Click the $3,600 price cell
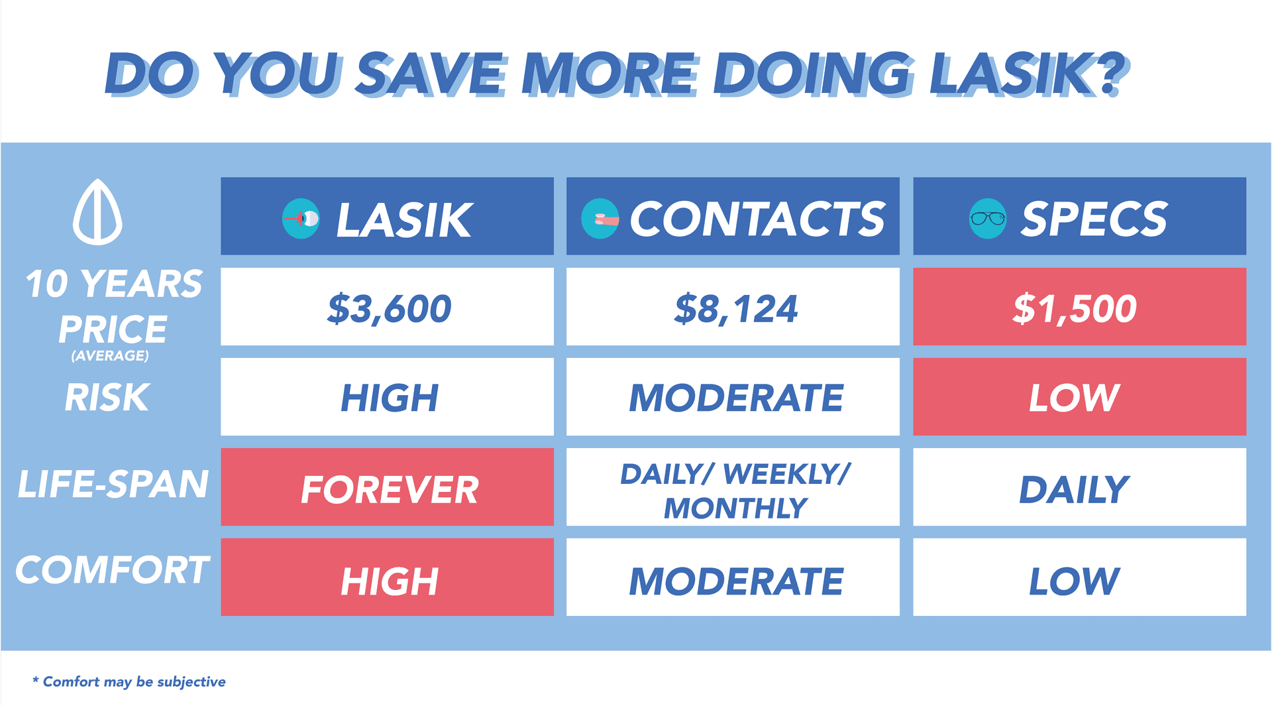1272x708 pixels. point(387,307)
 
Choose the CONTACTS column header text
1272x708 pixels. point(757,219)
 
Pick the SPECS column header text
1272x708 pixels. point(1094,219)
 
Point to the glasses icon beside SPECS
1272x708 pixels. point(988,218)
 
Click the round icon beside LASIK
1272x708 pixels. point(301,218)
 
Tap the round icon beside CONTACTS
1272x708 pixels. point(600,218)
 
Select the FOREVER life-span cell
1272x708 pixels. point(387,487)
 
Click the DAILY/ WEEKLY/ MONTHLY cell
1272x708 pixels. point(733,487)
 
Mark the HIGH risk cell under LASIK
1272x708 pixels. point(387,397)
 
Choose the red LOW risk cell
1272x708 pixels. point(1079,397)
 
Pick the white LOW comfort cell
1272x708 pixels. point(1079,577)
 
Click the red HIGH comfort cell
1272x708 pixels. point(387,577)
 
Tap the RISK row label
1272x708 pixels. point(107,397)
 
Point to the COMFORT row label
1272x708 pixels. point(113,569)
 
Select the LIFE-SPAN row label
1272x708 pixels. point(113,483)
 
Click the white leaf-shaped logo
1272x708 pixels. point(97,212)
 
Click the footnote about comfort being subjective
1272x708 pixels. point(129,681)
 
